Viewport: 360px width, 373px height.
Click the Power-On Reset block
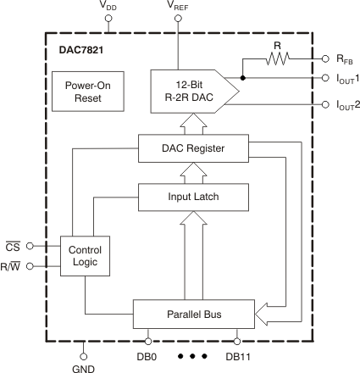pos(82,90)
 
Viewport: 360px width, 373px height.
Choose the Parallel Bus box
pos(194,313)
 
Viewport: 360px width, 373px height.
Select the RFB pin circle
pos(325,59)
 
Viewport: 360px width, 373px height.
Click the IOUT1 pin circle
pos(325,78)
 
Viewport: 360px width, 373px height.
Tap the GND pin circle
pos(84,357)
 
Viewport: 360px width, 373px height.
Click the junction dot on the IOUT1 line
pos(243,78)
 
